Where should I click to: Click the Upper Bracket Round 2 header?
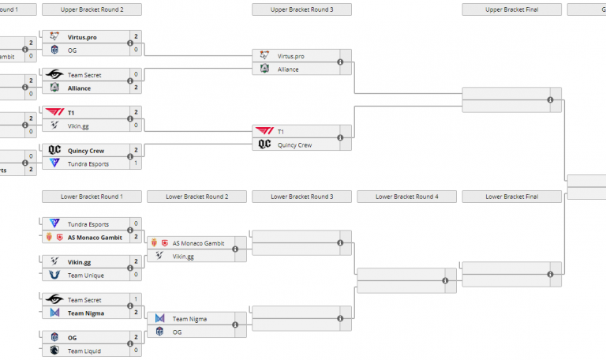click(92, 9)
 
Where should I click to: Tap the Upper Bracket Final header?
click(511, 9)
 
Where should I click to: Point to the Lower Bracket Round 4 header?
click(406, 196)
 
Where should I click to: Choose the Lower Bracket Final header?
click(511, 196)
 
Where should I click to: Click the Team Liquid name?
click(85, 351)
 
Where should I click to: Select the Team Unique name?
click(85, 275)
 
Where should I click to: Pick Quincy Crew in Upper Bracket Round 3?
click(295, 144)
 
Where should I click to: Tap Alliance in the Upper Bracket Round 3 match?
click(288, 69)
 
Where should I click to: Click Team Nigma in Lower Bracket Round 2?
click(189, 318)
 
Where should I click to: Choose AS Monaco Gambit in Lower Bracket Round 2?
click(199, 243)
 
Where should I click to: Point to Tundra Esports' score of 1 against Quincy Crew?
click(136, 163)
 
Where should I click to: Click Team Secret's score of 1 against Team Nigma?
click(136, 300)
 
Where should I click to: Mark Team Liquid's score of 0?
click(136, 351)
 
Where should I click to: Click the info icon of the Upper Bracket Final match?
click(550, 100)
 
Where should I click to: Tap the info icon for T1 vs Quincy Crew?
click(340, 138)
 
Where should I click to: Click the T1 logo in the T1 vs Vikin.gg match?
click(54, 112)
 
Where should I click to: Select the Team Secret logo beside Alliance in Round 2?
click(54, 74)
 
